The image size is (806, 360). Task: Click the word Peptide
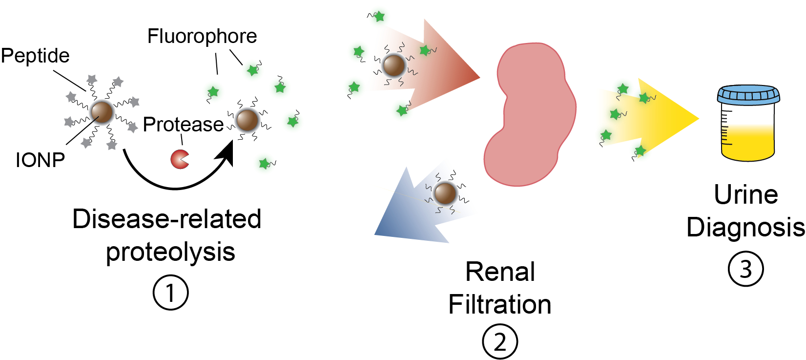pos(35,56)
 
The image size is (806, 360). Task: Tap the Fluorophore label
pos(202,36)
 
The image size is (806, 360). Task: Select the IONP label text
pos(40,160)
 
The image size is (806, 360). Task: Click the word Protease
pos(183,125)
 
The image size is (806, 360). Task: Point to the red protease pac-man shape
pos(179,159)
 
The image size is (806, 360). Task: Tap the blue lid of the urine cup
pos(748,94)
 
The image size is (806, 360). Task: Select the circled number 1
pos(170,293)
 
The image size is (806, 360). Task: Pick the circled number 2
pos(500,342)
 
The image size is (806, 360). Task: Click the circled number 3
pos(745,269)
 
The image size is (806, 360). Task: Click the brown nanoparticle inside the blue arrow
pos(445,193)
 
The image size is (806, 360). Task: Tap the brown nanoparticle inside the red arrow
pos(393,65)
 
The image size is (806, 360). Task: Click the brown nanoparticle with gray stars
pos(102,112)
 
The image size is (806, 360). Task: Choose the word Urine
pos(745,195)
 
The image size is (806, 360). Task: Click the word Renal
pos(500,272)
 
